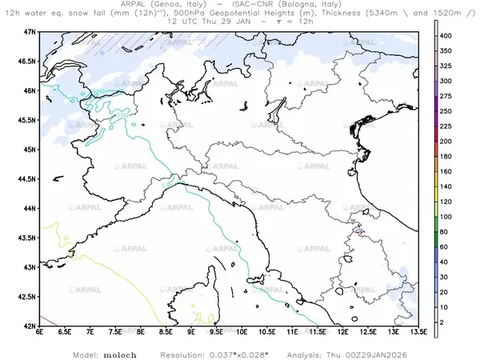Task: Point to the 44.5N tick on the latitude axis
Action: point(28,178)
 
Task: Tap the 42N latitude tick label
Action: point(30,326)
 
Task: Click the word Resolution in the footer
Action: point(184,353)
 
